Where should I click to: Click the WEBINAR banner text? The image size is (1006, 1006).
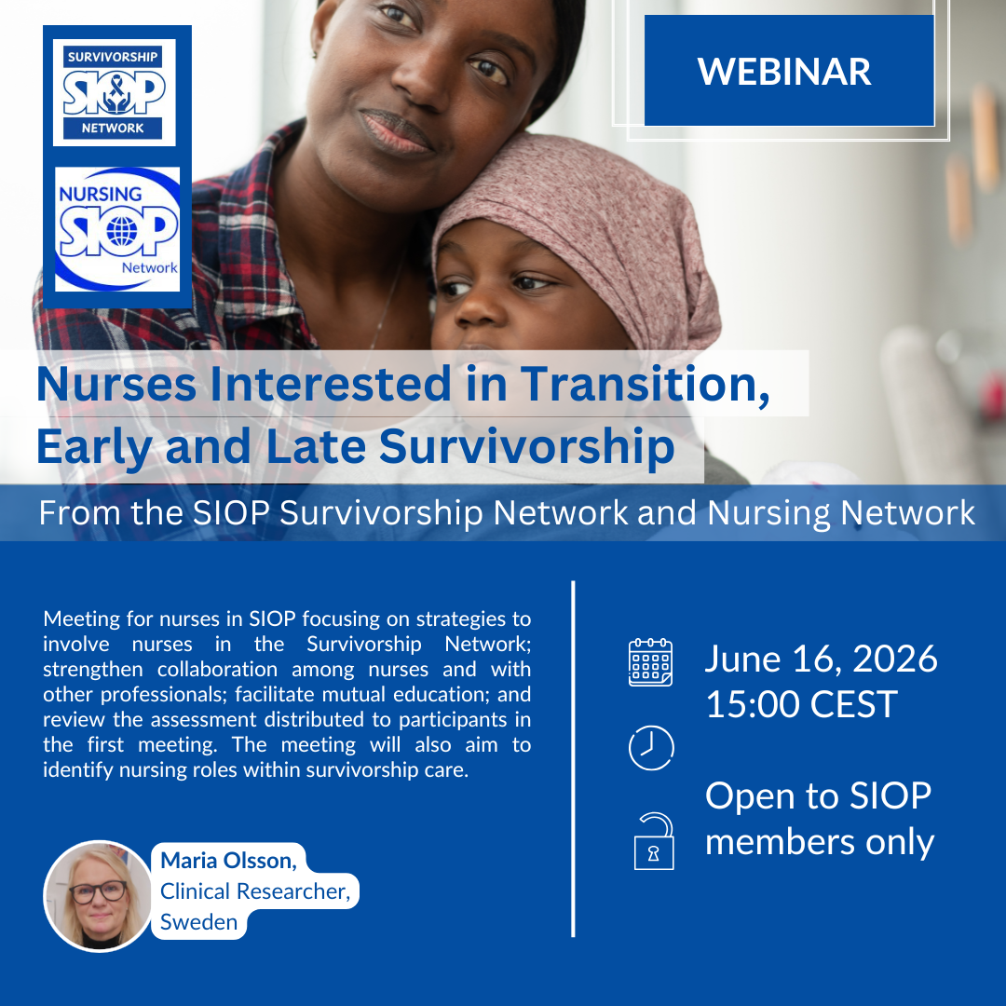pos(784,71)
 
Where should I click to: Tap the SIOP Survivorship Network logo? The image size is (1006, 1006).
pos(115,92)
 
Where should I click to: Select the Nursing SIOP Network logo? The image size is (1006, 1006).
pos(117,229)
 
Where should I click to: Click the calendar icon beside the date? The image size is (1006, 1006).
pos(650,662)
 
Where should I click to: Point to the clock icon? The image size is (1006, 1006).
pos(650,748)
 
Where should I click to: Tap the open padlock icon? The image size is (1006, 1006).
pos(654,841)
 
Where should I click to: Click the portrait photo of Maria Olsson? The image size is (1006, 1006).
pos(98,896)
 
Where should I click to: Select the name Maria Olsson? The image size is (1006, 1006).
pos(228,861)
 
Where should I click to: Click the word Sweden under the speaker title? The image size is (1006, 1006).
pos(199,922)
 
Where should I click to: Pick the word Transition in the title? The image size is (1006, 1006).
pos(645,385)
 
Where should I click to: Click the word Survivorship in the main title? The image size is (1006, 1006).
pos(526,446)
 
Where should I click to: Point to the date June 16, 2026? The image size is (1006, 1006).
pos(822,659)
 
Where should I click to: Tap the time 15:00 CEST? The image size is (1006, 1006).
pos(801,704)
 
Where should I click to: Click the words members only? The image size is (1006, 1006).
pos(820,842)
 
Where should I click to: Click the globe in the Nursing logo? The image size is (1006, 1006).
pos(122,231)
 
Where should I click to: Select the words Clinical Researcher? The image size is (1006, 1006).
pos(254,891)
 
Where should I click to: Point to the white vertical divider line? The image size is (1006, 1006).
pos(573,759)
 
